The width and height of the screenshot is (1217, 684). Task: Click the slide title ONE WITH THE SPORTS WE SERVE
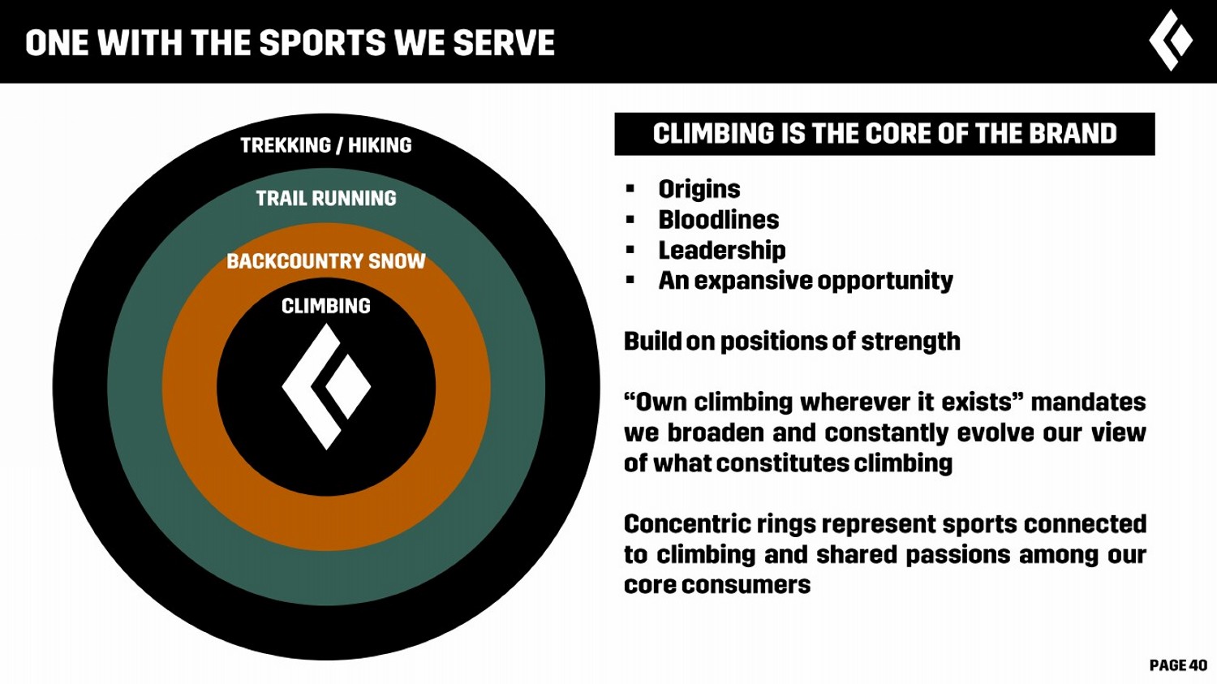click(x=290, y=43)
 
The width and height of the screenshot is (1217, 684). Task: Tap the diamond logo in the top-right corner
click(x=1171, y=41)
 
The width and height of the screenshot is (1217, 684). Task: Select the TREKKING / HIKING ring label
click(x=326, y=145)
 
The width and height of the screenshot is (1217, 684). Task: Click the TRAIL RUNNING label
click(x=326, y=198)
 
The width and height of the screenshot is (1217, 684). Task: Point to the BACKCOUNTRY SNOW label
click(x=326, y=261)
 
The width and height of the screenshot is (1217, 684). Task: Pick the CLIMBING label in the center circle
click(x=326, y=306)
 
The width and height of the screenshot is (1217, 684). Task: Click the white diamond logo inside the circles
click(x=326, y=386)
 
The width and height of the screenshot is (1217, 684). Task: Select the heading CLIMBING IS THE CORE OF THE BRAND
click(x=884, y=134)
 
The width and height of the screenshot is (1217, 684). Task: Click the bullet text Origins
click(x=699, y=189)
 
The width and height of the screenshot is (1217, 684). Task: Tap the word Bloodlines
click(x=718, y=220)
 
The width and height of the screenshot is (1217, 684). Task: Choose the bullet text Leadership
click(x=721, y=250)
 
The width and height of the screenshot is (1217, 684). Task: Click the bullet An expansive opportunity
click(x=805, y=281)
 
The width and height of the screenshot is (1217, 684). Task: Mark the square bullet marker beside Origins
click(x=630, y=189)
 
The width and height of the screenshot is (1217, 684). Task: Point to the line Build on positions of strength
click(x=792, y=342)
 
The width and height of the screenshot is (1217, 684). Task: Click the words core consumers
click(x=717, y=585)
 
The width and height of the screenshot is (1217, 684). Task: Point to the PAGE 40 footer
click(x=1178, y=665)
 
